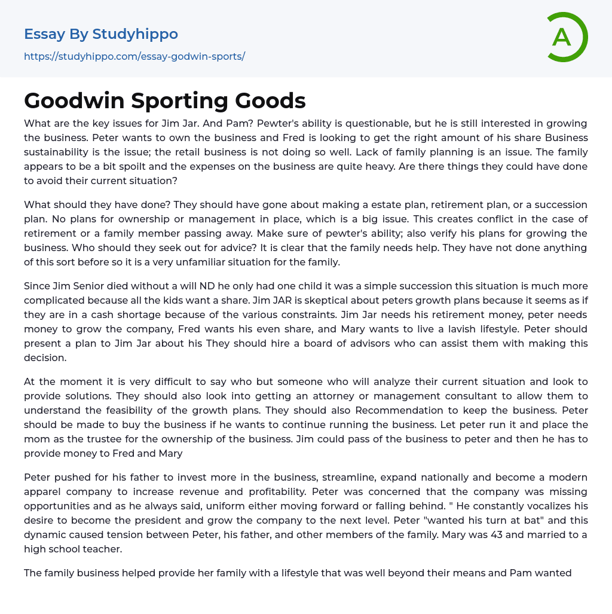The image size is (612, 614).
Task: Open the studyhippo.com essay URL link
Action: [134, 57]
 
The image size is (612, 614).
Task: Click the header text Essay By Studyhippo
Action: [101, 34]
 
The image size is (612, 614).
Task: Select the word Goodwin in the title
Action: [73, 101]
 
